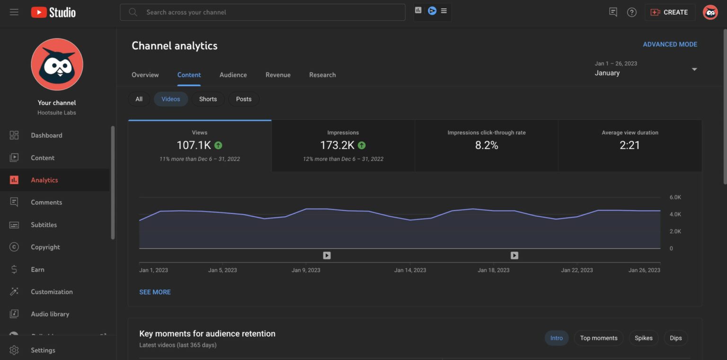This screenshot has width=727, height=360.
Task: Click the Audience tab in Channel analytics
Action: click(233, 75)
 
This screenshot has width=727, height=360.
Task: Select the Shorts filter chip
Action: click(208, 99)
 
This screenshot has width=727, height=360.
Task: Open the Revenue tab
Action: click(278, 75)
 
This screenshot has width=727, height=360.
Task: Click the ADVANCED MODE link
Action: click(670, 44)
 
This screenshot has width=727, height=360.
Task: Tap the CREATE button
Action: click(670, 12)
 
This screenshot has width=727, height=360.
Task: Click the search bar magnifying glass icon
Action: click(133, 12)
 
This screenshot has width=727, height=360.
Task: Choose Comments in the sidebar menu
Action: click(46, 202)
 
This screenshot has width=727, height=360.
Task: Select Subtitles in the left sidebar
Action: click(44, 225)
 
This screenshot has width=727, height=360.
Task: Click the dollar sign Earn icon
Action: click(14, 270)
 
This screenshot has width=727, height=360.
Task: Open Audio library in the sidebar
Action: click(50, 314)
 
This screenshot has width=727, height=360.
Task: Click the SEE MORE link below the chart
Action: click(155, 292)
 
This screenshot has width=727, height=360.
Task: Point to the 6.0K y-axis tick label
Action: click(675, 197)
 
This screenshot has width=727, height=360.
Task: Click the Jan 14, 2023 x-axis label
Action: click(410, 270)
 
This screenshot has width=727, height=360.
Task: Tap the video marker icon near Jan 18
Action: click(514, 255)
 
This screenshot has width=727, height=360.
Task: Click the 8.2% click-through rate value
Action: click(487, 145)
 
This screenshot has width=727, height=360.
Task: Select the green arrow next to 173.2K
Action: click(362, 145)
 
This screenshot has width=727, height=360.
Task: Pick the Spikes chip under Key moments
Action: click(643, 338)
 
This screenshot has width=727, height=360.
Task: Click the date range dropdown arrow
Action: click(694, 70)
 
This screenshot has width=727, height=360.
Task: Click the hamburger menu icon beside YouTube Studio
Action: click(14, 12)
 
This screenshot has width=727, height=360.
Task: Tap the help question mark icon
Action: click(632, 12)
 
